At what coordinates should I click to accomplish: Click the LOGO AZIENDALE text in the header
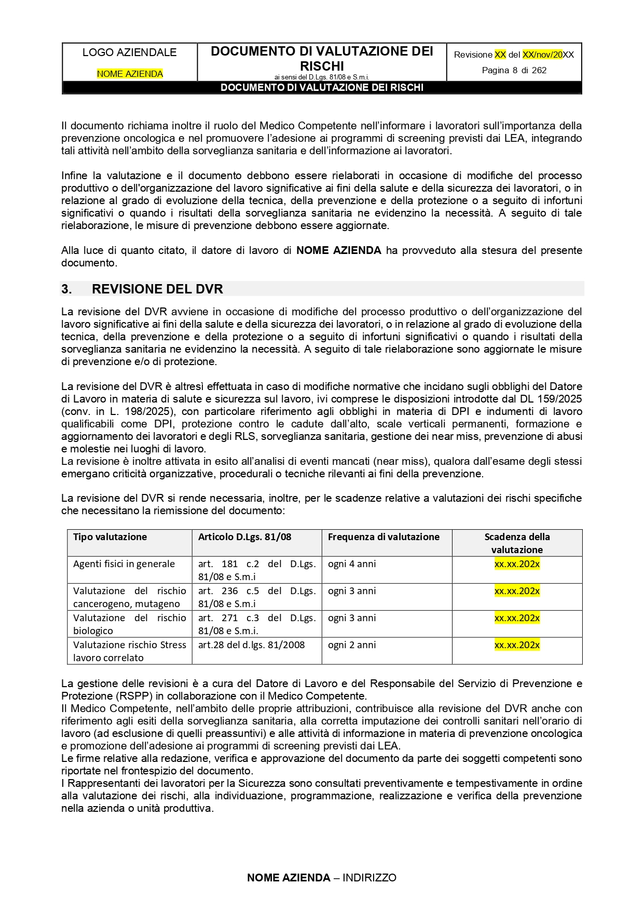[129, 52]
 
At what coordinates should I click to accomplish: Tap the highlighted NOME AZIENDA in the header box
[130, 74]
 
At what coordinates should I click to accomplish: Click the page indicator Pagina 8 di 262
[514, 70]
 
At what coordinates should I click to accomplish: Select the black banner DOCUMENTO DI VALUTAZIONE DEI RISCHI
[322, 88]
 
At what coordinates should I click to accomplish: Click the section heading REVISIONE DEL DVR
[157, 289]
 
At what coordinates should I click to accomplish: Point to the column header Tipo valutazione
[110, 537]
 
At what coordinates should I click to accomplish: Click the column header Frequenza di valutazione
[383, 537]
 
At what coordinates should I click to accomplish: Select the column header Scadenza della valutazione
[517, 543]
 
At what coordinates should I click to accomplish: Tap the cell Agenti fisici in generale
[124, 564]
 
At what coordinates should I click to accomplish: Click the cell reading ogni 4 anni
[352, 564]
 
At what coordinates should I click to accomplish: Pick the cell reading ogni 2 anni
[352, 645]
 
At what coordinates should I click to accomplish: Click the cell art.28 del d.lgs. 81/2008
[252, 645]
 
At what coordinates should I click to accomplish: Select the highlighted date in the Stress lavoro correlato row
[517, 645]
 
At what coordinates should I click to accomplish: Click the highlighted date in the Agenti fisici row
[517, 564]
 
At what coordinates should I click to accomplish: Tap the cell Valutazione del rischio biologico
[129, 624]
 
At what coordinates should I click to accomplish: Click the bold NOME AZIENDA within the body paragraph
[338, 250]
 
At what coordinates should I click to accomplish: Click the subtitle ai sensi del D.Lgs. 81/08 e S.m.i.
[322, 77]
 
